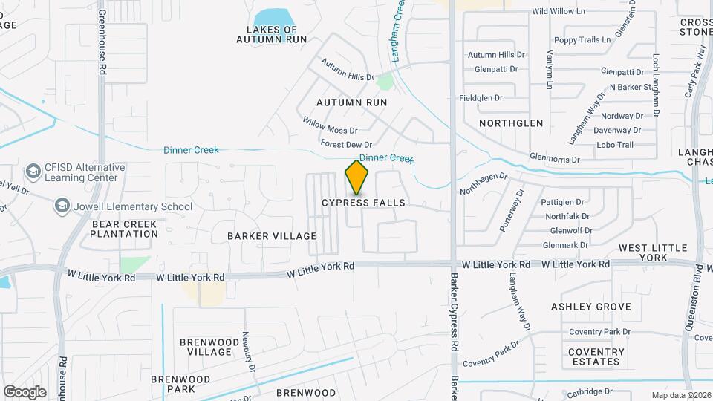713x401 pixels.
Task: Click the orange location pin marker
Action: click(357, 177)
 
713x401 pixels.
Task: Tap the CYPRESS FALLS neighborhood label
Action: click(363, 203)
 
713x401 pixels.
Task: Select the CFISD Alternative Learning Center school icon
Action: click(33, 172)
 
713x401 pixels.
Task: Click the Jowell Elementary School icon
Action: click(62, 206)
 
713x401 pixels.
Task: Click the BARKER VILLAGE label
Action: click(272, 236)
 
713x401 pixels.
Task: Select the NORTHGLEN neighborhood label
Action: click(511, 123)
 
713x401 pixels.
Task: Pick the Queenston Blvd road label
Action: click(701, 304)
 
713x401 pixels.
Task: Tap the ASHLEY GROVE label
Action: click(591, 307)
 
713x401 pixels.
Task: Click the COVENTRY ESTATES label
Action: click(597, 356)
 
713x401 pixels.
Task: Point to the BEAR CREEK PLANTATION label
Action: click(124, 229)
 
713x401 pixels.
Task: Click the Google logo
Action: click(25, 391)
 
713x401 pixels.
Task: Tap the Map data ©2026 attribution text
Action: click(680, 395)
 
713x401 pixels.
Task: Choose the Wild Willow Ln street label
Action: click(559, 12)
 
